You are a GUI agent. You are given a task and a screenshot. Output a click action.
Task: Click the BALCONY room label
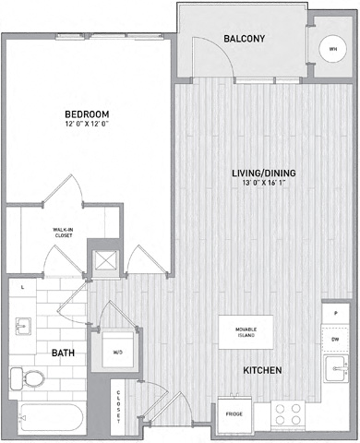245,39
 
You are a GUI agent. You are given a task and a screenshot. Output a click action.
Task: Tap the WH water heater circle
331,50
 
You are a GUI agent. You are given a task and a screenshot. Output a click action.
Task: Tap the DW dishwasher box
334,339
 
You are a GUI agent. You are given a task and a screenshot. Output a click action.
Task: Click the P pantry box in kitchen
334,315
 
